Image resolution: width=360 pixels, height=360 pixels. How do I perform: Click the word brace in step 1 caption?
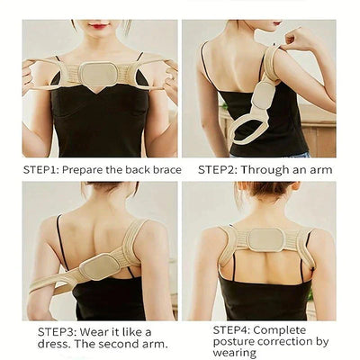[165, 169]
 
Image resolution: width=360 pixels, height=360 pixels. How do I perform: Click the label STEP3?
[58, 331]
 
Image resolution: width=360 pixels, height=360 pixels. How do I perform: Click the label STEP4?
[233, 329]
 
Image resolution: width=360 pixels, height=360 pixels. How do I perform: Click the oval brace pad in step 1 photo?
[98, 76]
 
